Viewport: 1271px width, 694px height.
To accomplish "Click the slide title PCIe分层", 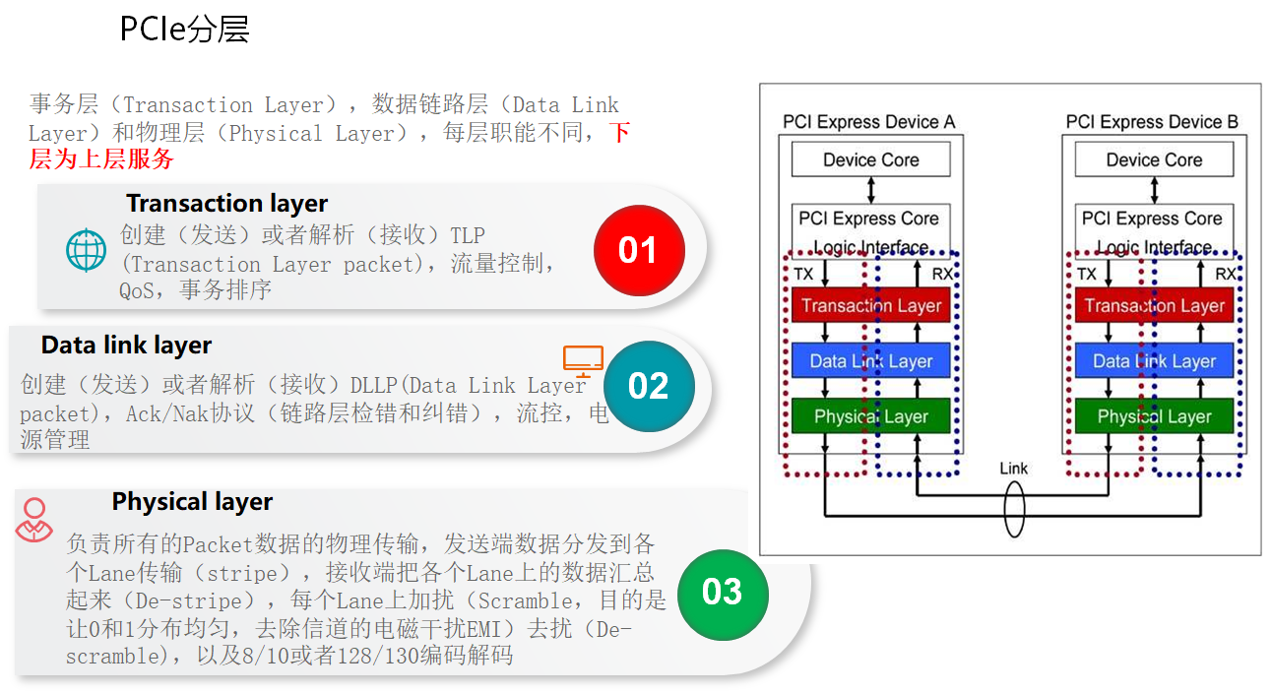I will [184, 30].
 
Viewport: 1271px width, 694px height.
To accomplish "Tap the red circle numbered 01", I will [638, 250].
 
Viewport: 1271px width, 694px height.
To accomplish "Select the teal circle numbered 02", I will [648, 386].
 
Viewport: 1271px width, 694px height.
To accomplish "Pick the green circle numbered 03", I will [722, 592].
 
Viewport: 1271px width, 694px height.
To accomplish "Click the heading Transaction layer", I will [226, 204].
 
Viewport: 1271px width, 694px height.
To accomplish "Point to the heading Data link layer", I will [126, 346].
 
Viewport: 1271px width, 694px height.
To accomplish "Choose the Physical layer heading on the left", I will [192, 502].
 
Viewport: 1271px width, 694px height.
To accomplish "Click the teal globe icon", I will [86, 250].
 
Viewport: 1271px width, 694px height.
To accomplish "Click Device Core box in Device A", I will [871, 159].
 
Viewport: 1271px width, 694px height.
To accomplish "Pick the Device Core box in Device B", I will [1154, 159].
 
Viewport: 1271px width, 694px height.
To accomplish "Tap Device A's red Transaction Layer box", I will [871, 305].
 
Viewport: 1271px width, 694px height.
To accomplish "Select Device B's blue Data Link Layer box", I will [1154, 361].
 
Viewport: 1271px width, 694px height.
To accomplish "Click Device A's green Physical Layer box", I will [871, 416].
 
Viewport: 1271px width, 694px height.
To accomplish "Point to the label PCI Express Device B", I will [1152, 122].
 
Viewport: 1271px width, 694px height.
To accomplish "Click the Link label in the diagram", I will [1013, 468].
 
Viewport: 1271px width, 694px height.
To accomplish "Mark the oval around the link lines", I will [1013, 510].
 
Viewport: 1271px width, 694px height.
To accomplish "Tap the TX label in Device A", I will [803, 275].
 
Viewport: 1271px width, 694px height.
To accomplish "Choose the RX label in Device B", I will [1226, 275].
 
